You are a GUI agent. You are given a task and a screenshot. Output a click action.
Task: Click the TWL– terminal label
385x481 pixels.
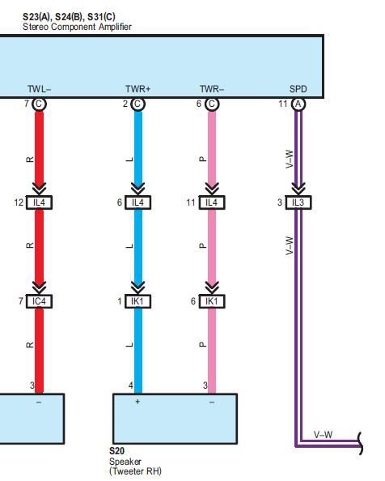(39, 89)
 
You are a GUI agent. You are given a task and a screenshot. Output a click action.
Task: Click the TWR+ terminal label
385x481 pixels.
(137, 89)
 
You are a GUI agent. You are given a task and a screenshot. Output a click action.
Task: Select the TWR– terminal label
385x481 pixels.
(212, 89)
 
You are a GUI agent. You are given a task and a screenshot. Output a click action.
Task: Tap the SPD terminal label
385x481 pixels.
(298, 89)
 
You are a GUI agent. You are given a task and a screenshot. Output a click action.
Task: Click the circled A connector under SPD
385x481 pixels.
(298, 104)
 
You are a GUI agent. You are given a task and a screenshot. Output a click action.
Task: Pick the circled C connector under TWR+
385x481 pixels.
(137, 104)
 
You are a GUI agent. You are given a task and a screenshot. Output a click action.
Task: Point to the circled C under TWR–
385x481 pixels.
(212, 104)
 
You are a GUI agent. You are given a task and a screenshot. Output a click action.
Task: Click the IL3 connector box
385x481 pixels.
(298, 202)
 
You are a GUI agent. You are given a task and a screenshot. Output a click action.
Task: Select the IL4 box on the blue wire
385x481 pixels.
(137, 202)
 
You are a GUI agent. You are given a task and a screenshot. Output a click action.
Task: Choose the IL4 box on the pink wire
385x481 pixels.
(212, 202)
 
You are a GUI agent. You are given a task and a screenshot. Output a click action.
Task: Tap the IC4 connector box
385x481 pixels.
(39, 301)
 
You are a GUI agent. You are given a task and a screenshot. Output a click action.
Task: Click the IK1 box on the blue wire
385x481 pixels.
(137, 301)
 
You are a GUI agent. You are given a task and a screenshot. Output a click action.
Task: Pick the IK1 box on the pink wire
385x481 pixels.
(212, 301)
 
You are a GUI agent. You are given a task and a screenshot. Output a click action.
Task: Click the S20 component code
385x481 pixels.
(116, 451)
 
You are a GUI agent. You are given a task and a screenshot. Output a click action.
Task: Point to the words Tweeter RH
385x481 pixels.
(136, 470)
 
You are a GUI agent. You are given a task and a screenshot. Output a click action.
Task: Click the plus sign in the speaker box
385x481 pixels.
(137, 402)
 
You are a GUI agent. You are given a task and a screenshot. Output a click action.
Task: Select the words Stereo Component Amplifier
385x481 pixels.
(77, 27)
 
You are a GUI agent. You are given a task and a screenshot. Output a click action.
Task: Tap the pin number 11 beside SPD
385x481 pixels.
(283, 104)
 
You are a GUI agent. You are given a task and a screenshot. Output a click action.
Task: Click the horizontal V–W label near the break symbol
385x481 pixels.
(323, 435)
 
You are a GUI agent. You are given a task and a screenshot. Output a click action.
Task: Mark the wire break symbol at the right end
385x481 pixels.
(360, 443)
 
